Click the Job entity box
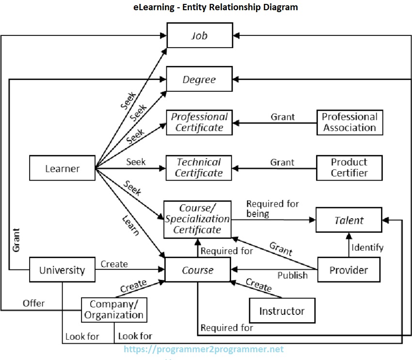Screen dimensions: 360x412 pyautogui.click(x=199, y=35)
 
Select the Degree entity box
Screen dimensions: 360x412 pyautogui.click(x=199, y=79)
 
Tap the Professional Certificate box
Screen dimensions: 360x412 pyautogui.click(x=199, y=122)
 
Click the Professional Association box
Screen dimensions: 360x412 pyautogui.click(x=349, y=122)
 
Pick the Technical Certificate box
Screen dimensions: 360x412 pyautogui.click(x=199, y=167)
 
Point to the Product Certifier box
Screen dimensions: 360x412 pyautogui.click(x=349, y=167)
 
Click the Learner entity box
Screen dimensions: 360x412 pyautogui.click(x=62, y=168)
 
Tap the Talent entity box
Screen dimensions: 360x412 pyautogui.click(x=349, y=220)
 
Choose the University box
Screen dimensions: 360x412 pyautogui.click(x=62, y=270)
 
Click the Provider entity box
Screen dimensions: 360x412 pyautogui.click(x=349, y=270)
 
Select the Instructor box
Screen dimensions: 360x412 pyautogui.click(x=282, y=311)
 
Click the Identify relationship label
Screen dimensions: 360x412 pyautogui.click(x=367, y=247)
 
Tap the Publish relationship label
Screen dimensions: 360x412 pyautogui.click(x=292, y=275)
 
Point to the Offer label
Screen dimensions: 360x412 pyautogui.click(x=33, y=303)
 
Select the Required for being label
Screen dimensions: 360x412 pyautogui.click(x=272, y=209)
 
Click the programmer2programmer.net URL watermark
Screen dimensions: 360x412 pyautogui.click(x=204, y=349)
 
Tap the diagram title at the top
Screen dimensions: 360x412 pyautogui.click(x=216, y=7)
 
